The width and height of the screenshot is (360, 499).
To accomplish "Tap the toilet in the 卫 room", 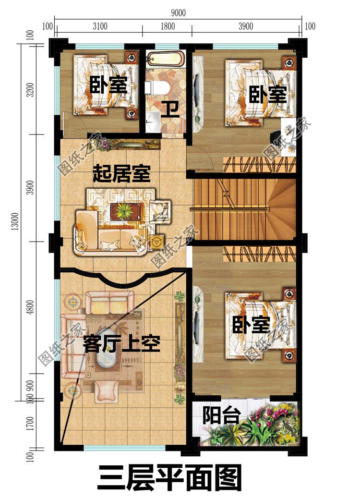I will [156, 87].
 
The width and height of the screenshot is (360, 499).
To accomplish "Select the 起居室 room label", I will [121, 173].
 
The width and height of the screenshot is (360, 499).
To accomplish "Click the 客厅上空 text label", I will [121, 344].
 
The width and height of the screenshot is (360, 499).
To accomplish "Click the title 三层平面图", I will [169, 477].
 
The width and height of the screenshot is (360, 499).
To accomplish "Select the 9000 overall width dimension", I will [177, 13].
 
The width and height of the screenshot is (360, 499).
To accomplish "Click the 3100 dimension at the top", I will [99, 26].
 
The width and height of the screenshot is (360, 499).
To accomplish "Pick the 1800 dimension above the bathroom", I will [167, 26].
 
